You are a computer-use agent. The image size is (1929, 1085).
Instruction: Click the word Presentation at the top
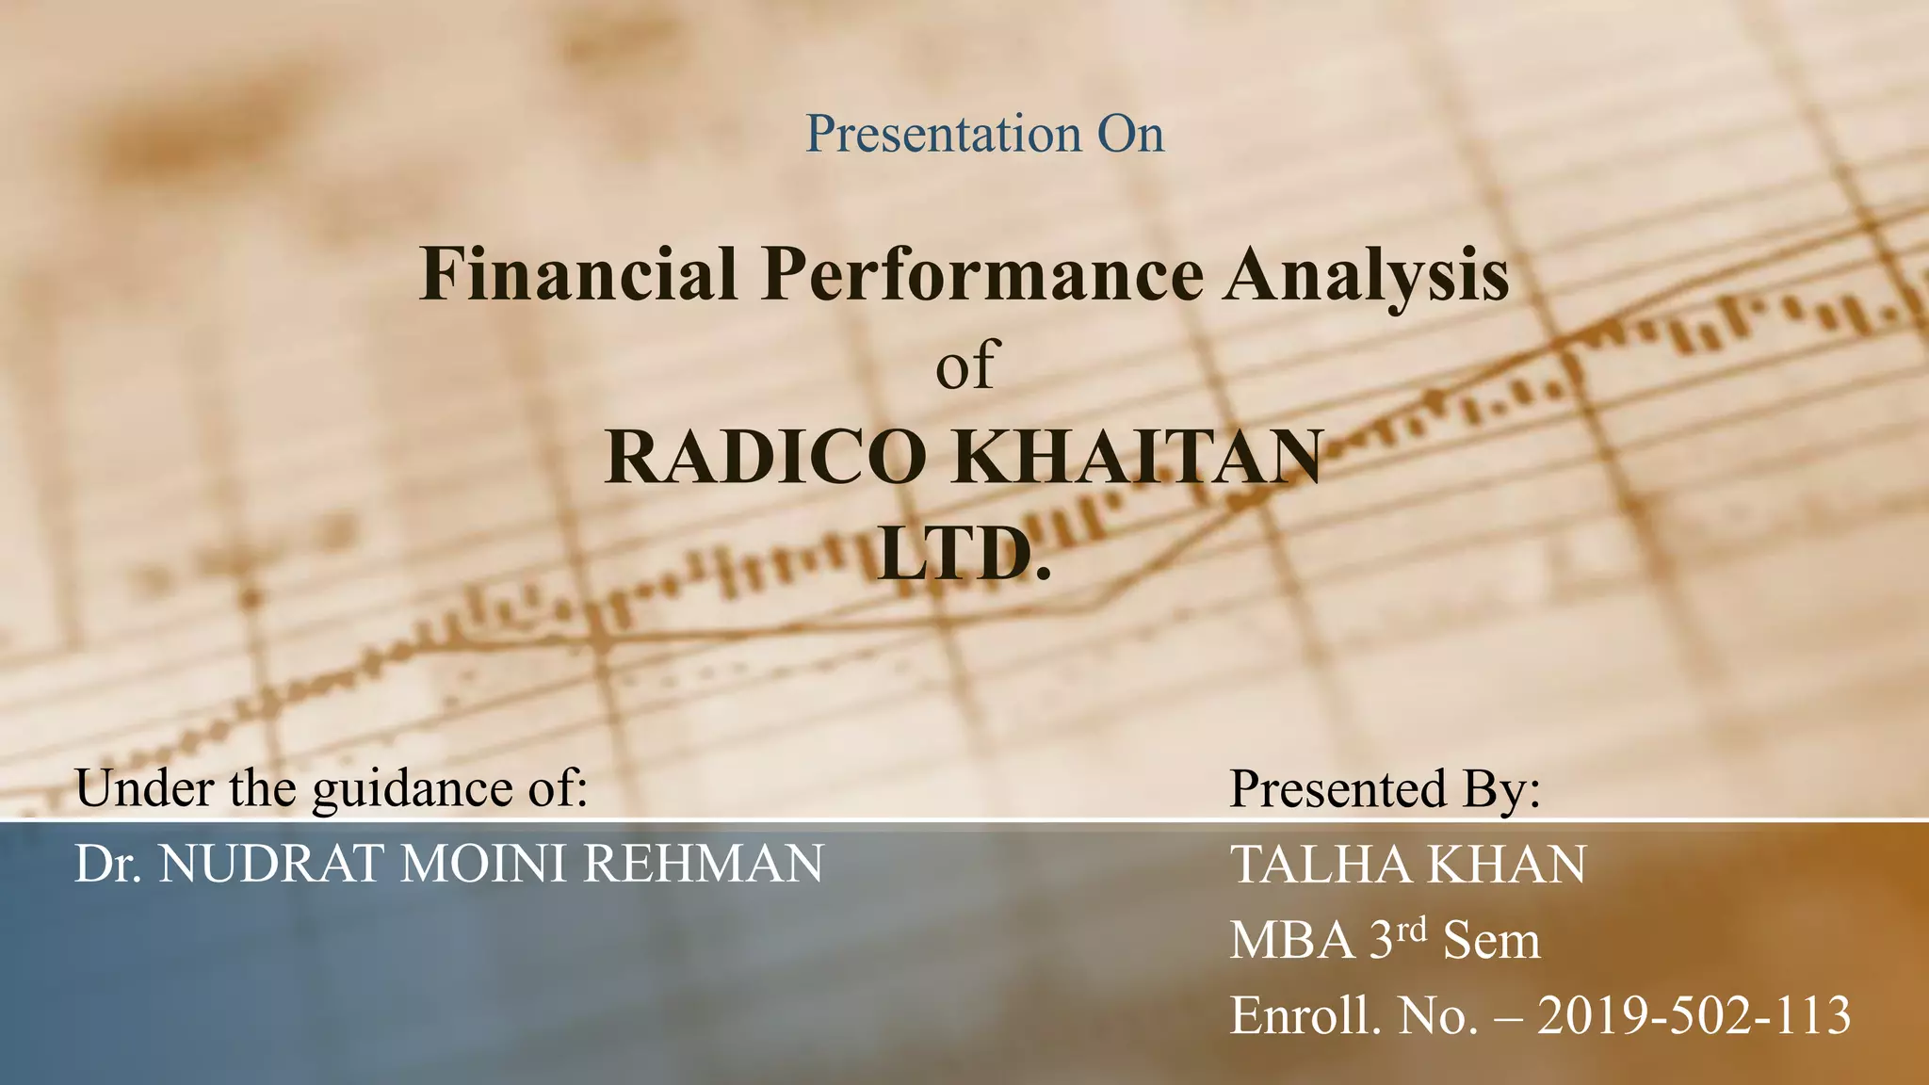pos(943,134)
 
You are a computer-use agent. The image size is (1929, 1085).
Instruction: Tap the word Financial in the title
pos(577,274)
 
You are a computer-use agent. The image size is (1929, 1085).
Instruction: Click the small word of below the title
pos(964,365)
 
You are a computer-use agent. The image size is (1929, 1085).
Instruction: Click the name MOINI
pos(482,864)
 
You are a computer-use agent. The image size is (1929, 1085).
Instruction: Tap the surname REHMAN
pos(703,864)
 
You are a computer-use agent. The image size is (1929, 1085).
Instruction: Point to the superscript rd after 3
pos(1413,931)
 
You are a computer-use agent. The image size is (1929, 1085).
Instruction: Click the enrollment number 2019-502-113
pos(1694,1016)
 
